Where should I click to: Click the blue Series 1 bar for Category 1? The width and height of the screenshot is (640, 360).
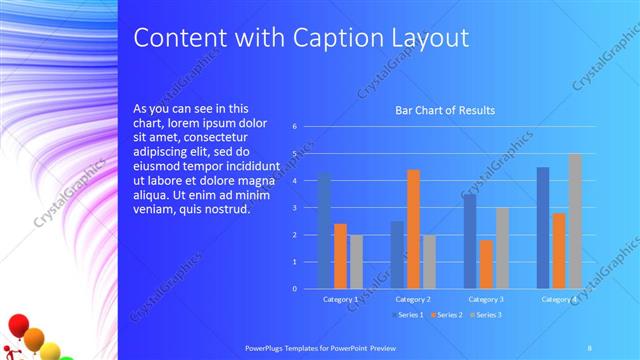tap(324, 231)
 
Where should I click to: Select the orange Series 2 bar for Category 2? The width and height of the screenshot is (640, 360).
tap(413, 229)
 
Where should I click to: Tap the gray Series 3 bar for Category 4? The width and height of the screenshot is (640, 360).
tap(575, 221)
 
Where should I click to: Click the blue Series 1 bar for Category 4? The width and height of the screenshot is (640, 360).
tap(543, 227)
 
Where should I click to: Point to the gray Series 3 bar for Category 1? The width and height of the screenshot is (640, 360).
tap(356, 261)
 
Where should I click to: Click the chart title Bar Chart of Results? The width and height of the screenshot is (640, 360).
tap(445, 110)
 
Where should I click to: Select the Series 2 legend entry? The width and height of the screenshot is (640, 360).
tap(450, 315)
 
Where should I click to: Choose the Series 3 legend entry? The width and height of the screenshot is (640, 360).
tap(487, 315)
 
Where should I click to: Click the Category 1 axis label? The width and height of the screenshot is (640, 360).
tap(341, 299)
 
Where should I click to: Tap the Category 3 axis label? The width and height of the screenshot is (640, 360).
tap(486, 299)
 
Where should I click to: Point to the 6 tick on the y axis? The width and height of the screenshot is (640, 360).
tap(295, 127)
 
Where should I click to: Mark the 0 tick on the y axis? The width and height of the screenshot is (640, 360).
tap(295, 288)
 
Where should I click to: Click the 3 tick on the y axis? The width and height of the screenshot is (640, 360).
tap(295, 208)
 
